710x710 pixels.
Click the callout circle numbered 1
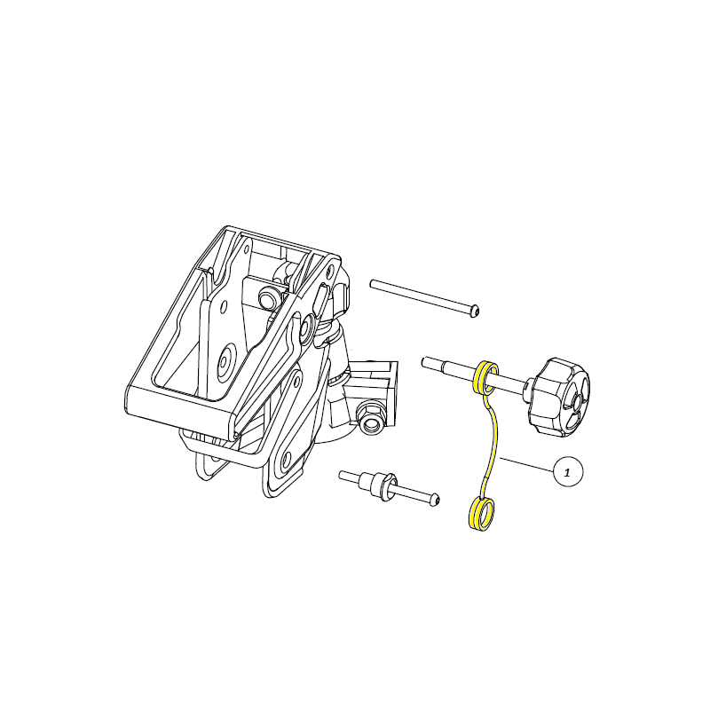(x=568, y=472)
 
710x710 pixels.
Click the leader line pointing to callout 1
(x=527, y=465)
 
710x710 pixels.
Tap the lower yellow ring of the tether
(x=481, y=513)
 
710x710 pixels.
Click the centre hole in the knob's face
(x=580, y=401)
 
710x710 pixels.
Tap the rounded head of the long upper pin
(x=474, y=312)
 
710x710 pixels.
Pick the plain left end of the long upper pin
(x=373, y=284)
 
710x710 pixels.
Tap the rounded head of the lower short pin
(x=434, y=500)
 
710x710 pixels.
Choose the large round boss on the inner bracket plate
(x=225, y=362)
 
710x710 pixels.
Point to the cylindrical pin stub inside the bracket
(x=267, y=298)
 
